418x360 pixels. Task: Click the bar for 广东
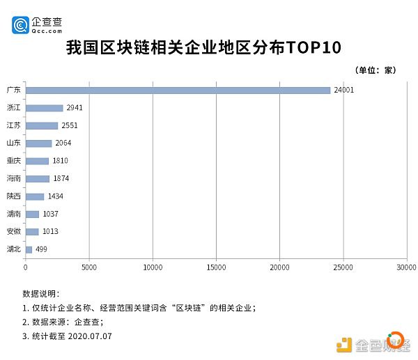coord(178,91)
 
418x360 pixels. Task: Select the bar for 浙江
coord(45,108)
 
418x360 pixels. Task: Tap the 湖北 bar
coord(29,250)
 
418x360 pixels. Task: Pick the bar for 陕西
coord(35,196)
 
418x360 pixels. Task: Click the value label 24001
coord(344,90)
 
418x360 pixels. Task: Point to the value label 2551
coord(70,125)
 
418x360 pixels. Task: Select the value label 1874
coord(61,178)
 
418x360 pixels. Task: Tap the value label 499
coord(41,249)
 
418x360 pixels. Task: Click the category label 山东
coord(14,143)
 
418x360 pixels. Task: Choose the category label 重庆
coord(14,161)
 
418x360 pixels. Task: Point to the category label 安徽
coord(14,231)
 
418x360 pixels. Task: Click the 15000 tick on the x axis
coord(216,267)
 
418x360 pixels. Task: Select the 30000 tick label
coord(407,267)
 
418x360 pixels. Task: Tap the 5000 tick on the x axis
coord(89,267)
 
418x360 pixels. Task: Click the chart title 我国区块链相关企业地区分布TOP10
coord(203,47)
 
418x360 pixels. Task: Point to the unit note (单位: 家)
coord(376,70)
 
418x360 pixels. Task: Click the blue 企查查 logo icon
coord(20,25)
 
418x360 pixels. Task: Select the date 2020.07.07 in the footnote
coord(90,336)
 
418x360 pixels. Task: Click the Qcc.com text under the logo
coord(47,31)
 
